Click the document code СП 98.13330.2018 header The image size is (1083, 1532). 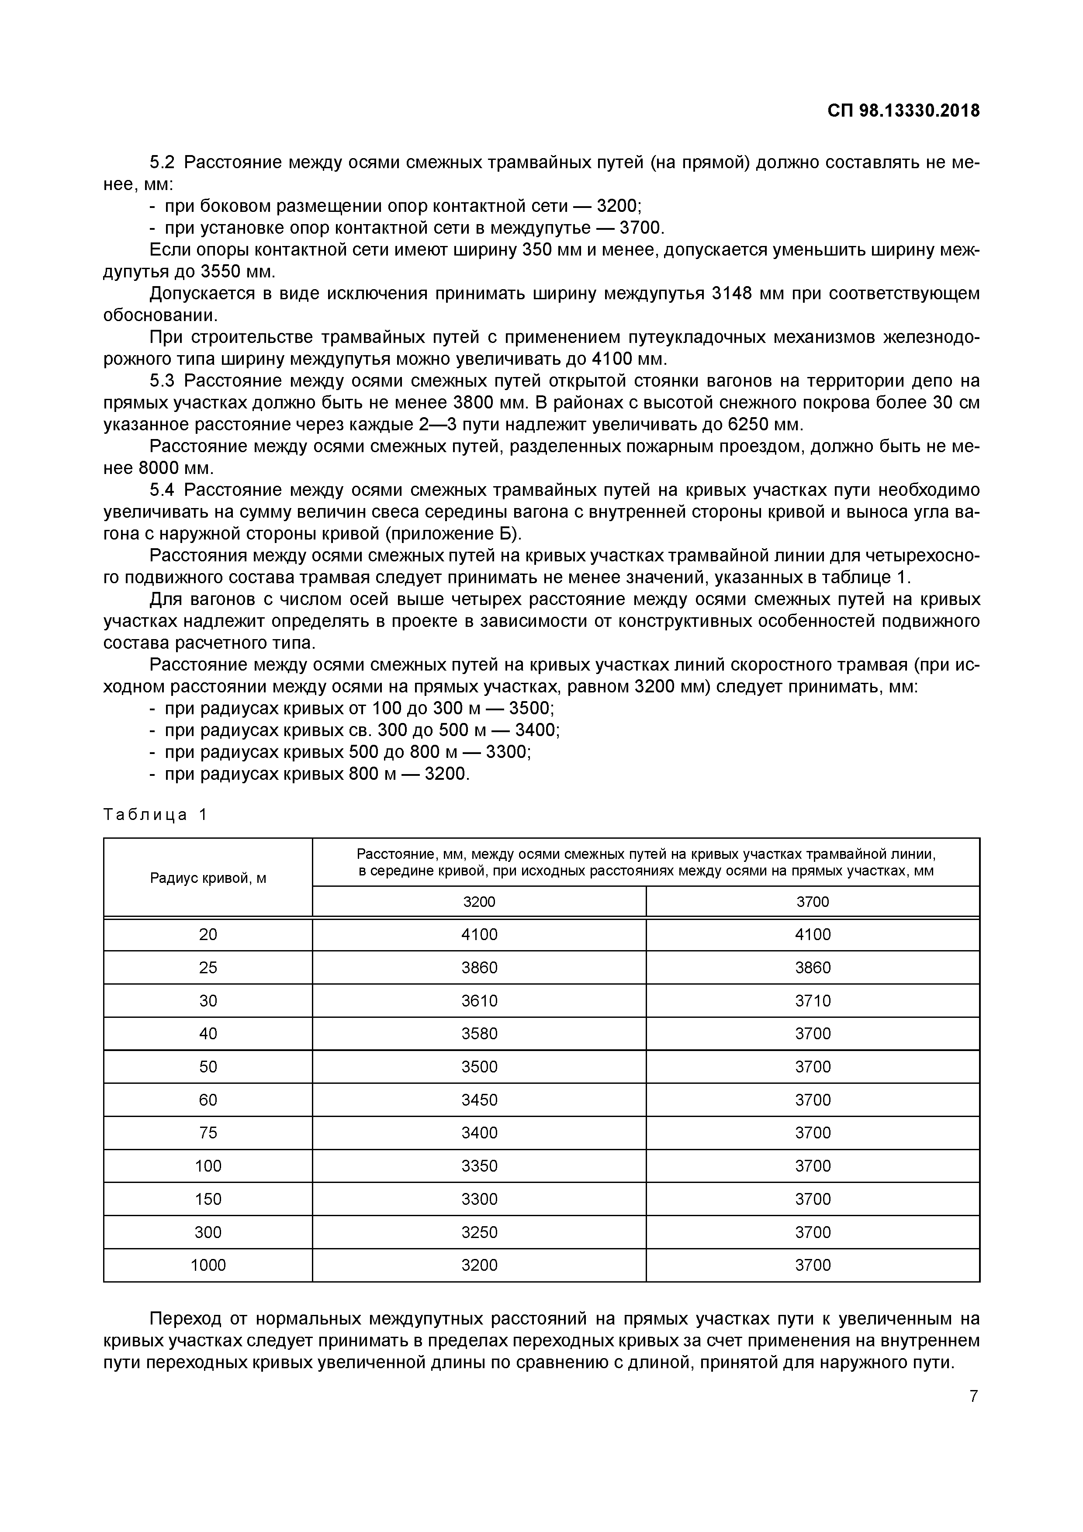coord(903,111)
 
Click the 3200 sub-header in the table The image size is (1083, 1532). coord(479,902)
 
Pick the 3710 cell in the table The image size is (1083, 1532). coord(812,1001)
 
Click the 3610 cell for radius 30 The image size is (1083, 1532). coord(479,1001)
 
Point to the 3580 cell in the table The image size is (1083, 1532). coord(479,1034)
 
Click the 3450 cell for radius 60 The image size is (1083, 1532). coord(479,1100)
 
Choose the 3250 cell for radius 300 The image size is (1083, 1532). coord(479,1232)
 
